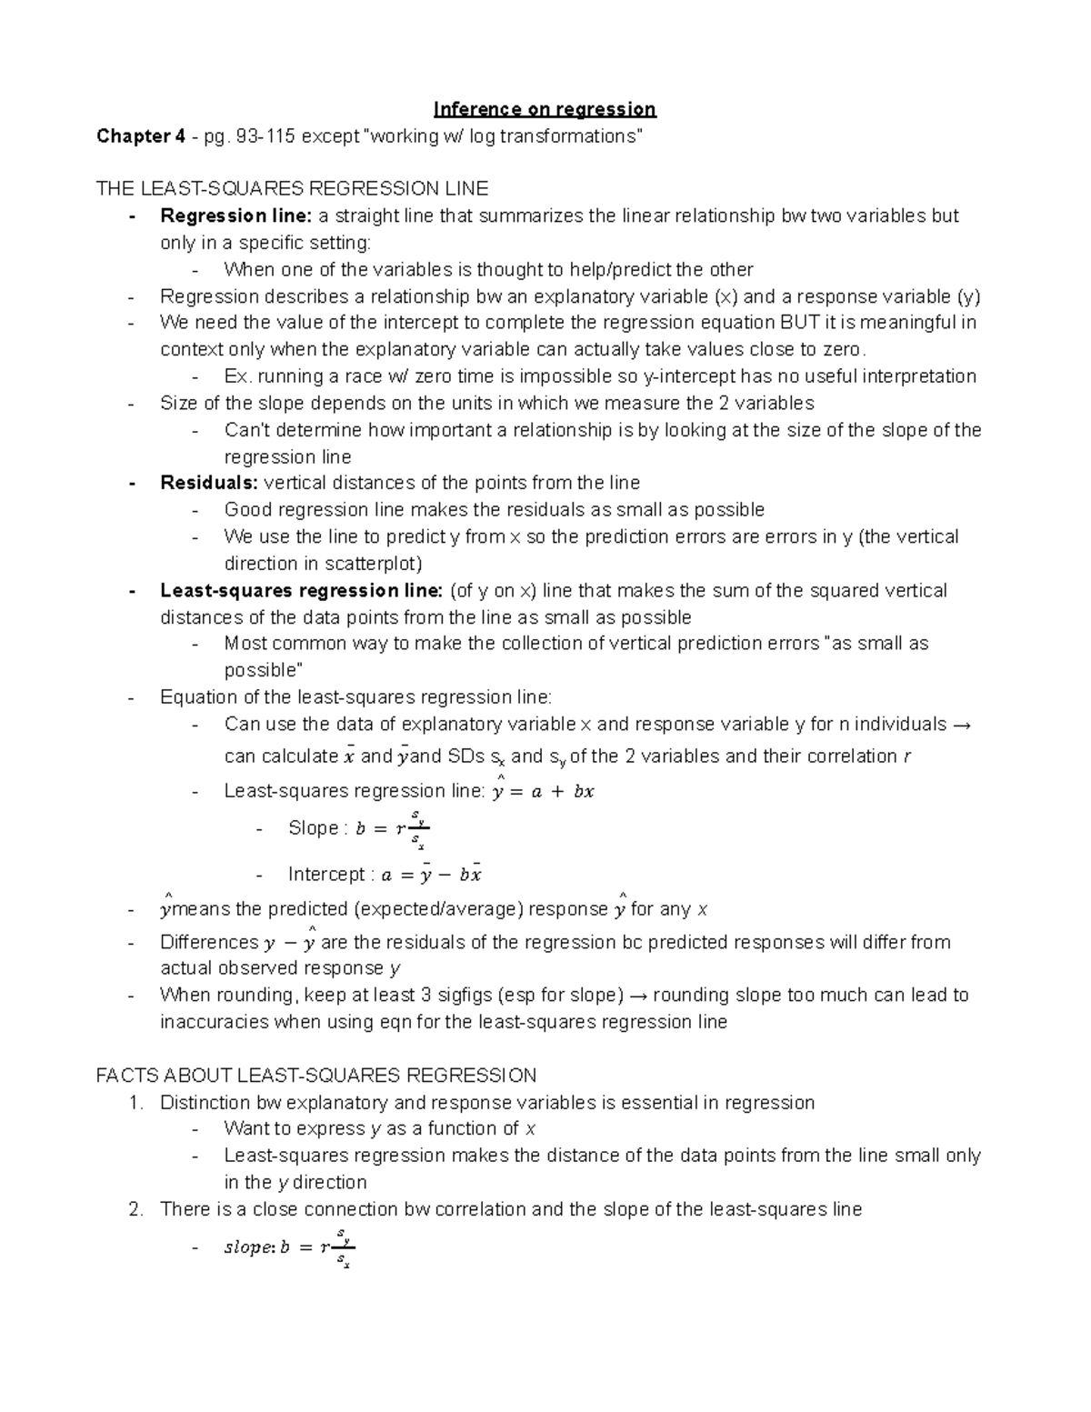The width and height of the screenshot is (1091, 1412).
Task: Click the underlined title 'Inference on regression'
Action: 545,110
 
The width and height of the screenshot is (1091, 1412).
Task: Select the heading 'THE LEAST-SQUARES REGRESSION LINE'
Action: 292,189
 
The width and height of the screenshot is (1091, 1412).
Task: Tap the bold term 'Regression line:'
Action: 235,216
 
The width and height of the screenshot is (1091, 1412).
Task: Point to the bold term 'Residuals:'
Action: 209,483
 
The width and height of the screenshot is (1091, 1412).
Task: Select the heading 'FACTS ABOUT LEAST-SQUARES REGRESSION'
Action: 315,1077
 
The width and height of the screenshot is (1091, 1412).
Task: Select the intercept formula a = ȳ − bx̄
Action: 431,876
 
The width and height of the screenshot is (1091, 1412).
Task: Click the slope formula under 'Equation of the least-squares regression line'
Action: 393,828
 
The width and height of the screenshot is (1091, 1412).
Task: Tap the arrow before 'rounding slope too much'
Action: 638,996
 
